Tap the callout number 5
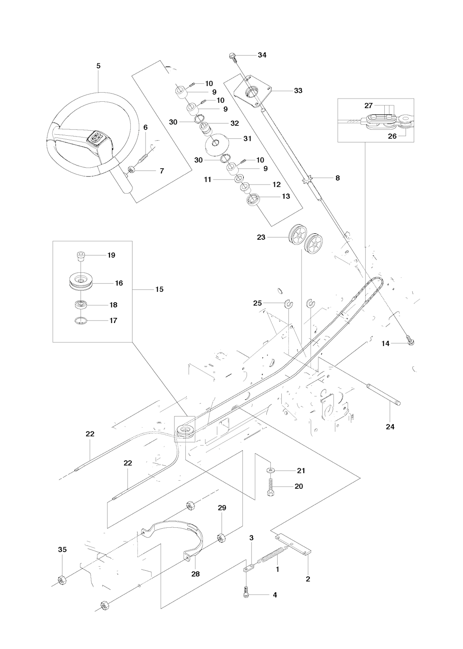(x=99, y=66)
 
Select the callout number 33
(x=298, y=90)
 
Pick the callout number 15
(x=159, y=289)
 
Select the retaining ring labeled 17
(x=81, y=321)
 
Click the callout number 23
(x=261, y=237)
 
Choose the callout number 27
(x=369, y=105)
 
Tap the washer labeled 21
(x=270, y=471)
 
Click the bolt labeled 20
(x=270, y=488)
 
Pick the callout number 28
(x=195, y=574)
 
